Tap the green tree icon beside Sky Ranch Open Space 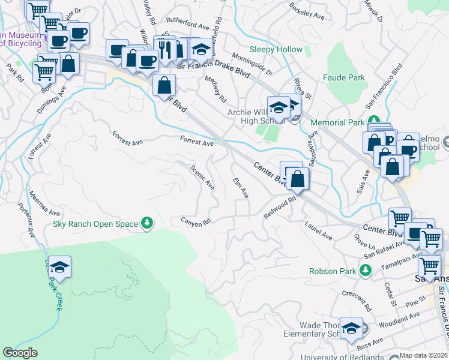pos(146,224)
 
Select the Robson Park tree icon pos(365,271)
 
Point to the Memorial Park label pos(337,122)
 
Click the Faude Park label pos(343,78)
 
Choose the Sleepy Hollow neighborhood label pos(277,49)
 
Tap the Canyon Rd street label pos(196,221)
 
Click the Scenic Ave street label pos(202,178)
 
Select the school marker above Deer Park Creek pos(59,266)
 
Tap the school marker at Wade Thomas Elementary pos(352,327)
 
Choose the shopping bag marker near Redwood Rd pos(297,178)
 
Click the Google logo pos(20,353)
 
